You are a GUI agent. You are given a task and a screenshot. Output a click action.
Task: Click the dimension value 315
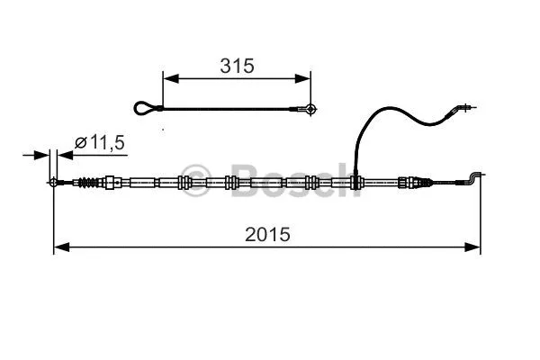pyautogui.click(x=238, y=66)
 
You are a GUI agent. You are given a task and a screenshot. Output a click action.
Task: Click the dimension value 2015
pyautogui.click(x=267, y=234)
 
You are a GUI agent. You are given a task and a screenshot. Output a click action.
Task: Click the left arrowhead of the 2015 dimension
pyautogui.click(x=60, y=247)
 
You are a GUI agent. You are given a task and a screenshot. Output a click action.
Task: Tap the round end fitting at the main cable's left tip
pyautogui.click(x=55, y=184)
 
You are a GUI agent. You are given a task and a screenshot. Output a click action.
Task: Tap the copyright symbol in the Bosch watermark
pyautogui.click(x=193, y=174)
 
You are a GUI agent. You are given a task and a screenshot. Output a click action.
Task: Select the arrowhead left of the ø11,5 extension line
pyautogui.click(x=42, y=156)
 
